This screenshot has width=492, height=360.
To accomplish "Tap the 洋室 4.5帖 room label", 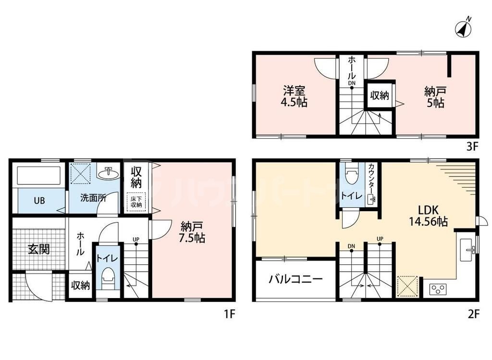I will (x=295, y=96).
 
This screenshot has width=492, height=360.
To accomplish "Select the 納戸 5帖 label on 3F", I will (x=434, y=96).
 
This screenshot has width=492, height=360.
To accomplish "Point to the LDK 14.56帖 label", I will (x=429, y=216).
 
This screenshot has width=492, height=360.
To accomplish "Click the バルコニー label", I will (x=295, y=279).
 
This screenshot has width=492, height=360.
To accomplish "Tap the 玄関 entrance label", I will (x=38, y=249).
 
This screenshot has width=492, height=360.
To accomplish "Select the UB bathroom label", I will (x=39, y=200).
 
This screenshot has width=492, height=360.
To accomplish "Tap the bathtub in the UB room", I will (x=38, y=176).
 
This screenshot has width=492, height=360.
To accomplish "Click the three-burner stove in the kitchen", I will (x=438, y=289).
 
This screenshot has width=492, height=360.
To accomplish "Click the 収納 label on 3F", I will (x=379, y=96).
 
